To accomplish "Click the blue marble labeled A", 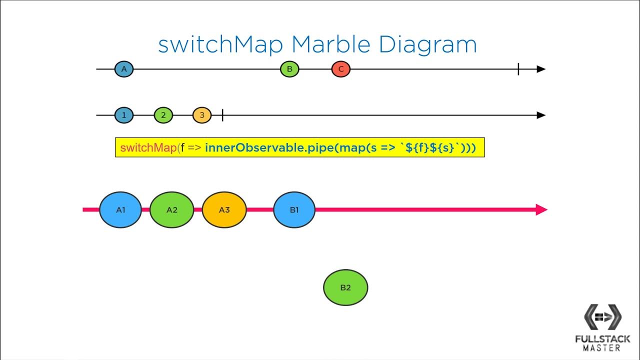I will coord(124,69).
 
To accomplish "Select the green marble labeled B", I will coord(289,69).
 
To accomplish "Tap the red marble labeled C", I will coord(341,69).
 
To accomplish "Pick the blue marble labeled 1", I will coord(124,115).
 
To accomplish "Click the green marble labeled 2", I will coord(163,115).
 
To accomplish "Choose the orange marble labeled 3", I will coord(202,115).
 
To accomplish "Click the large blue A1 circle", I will coord(120,210).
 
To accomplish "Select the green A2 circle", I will coord(171,210).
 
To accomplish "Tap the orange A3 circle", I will coord(224,210).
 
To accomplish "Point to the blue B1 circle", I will coord(294,210).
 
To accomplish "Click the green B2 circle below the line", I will coord(345,287).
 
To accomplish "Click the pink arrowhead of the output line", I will coord(541,210).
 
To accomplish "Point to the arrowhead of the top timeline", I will coord(541,69).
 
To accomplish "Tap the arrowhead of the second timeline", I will coord(541,115).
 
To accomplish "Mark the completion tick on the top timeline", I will coord(518,69).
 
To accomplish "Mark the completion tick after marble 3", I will coord(222,115).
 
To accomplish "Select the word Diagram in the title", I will coord(427,45).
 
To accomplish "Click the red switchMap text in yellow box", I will coord(148,148).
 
